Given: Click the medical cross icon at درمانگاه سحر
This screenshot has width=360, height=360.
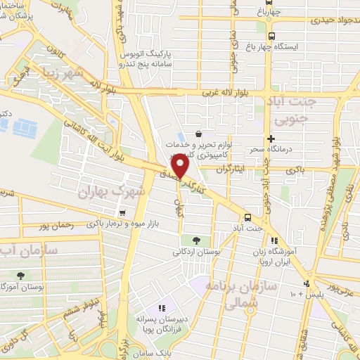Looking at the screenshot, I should (270, 139).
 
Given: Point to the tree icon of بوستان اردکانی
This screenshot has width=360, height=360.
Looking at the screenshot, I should (205, 241).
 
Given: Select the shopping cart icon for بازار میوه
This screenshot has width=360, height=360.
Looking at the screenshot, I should (123, 213).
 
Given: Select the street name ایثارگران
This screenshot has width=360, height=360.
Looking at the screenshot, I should (232, 169).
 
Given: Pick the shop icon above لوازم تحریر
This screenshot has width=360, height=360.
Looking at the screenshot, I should (199, 133).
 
